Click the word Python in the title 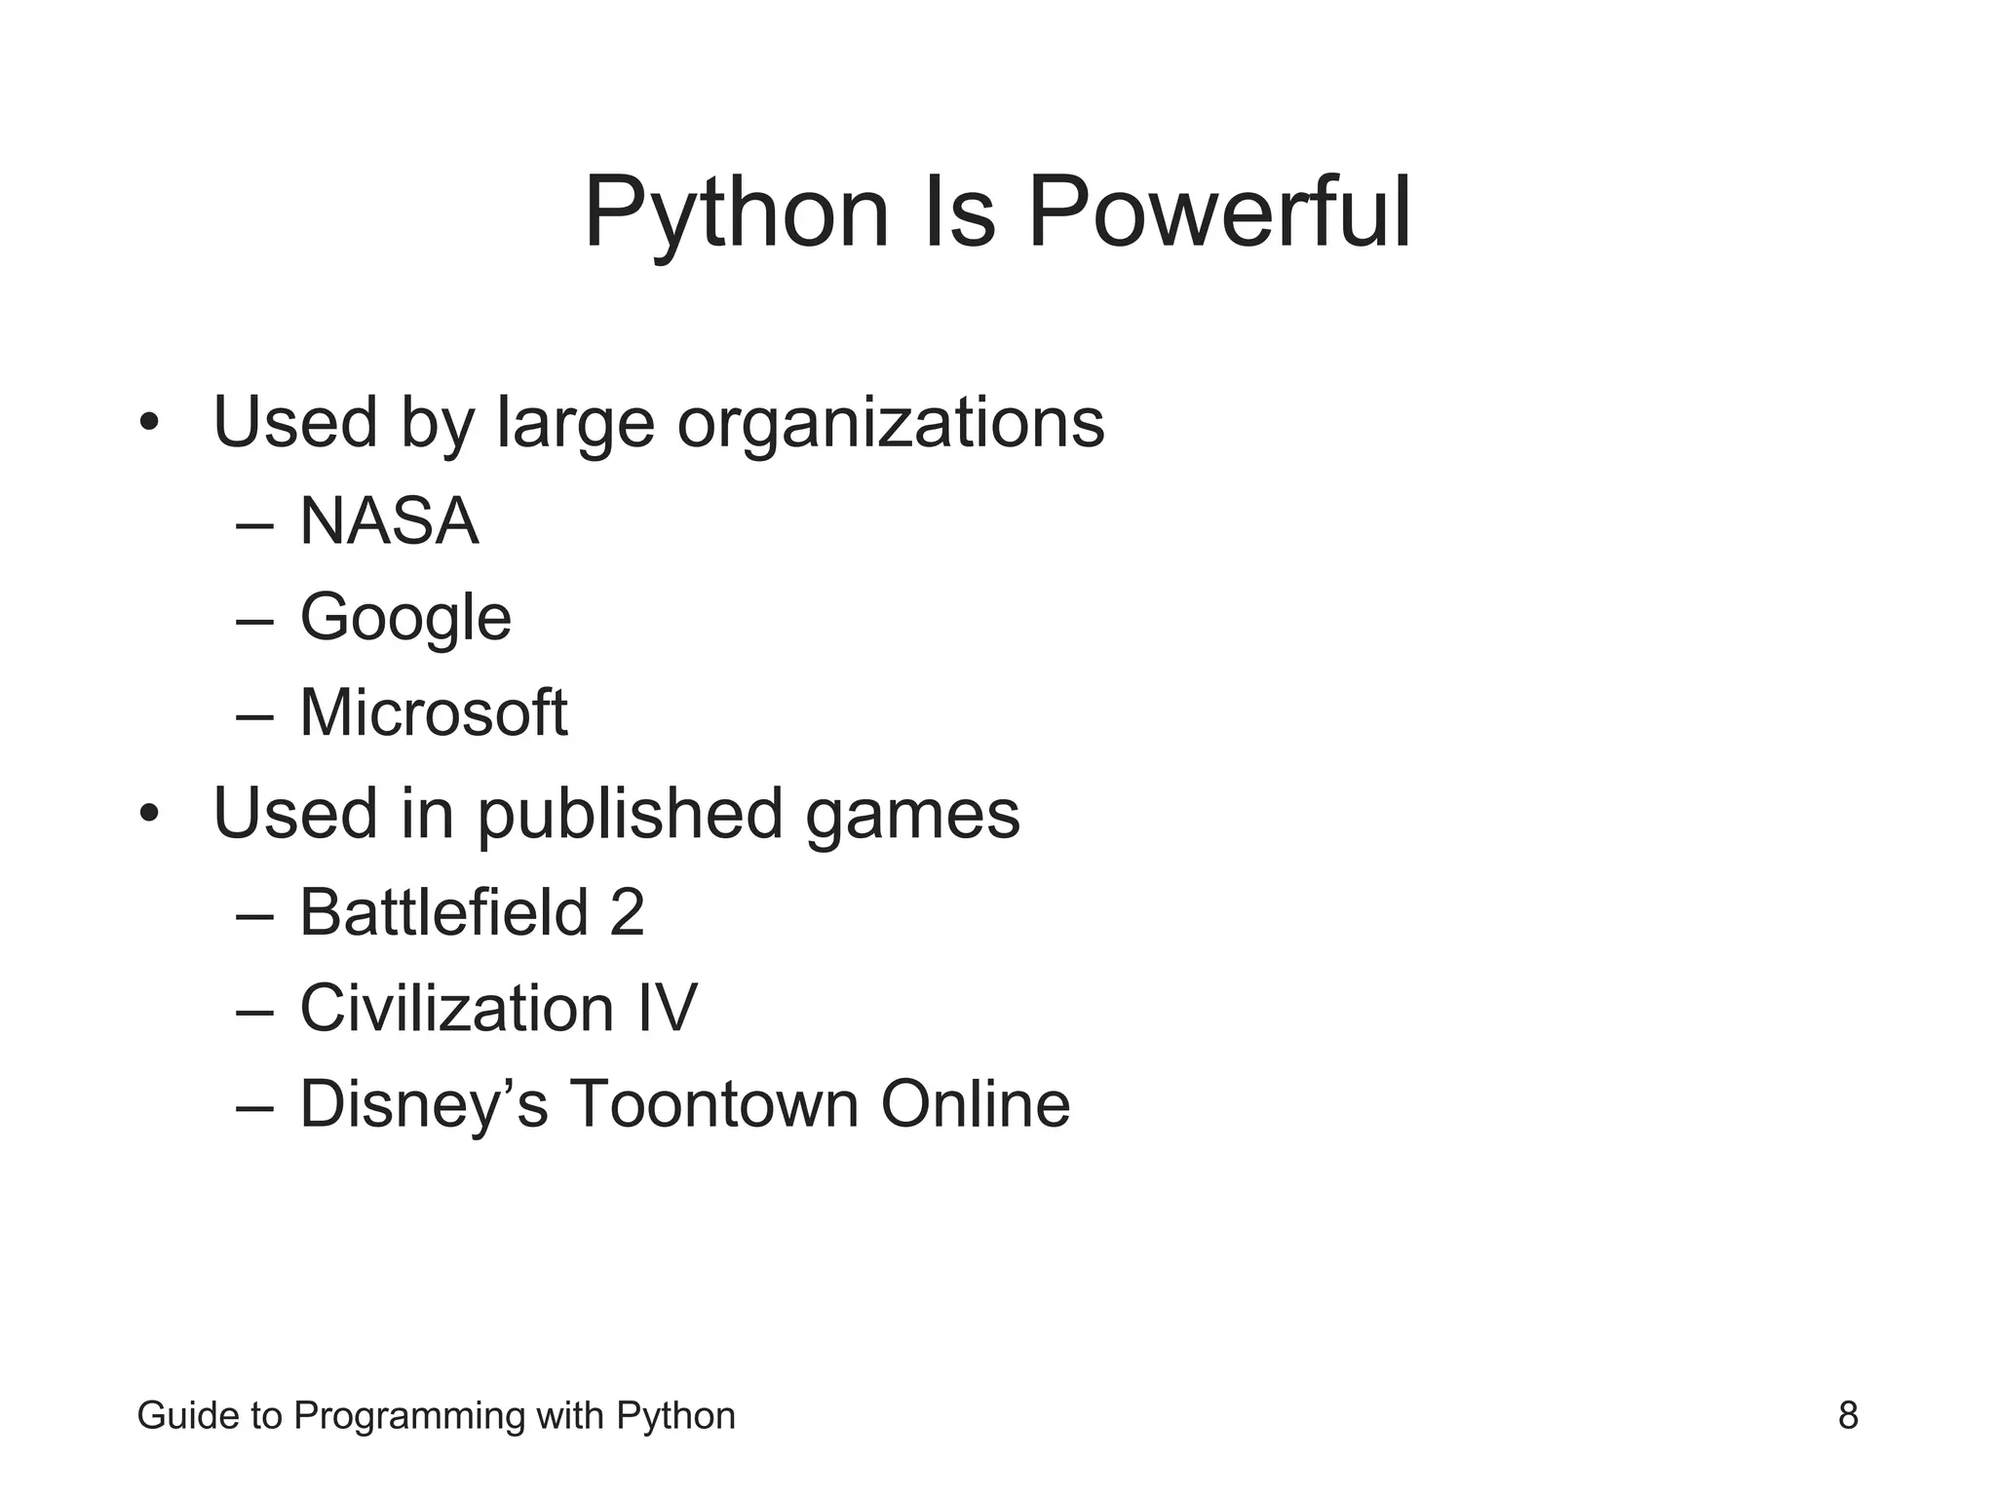point(737,214)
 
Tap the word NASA point(389,521)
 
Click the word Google point(405,618)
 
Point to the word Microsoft point(433,712)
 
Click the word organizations point(891,423)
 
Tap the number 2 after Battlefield point(627,912)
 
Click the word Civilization point(457,1008)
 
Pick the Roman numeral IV point(668,1008)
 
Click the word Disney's point(424,1104)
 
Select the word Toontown point(713,1104)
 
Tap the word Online point(976,1104)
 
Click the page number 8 point(1848,1415)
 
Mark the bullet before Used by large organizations point(148,424)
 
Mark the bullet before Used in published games point(148,814)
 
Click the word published point(630,814)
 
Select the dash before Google point(254,621)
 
